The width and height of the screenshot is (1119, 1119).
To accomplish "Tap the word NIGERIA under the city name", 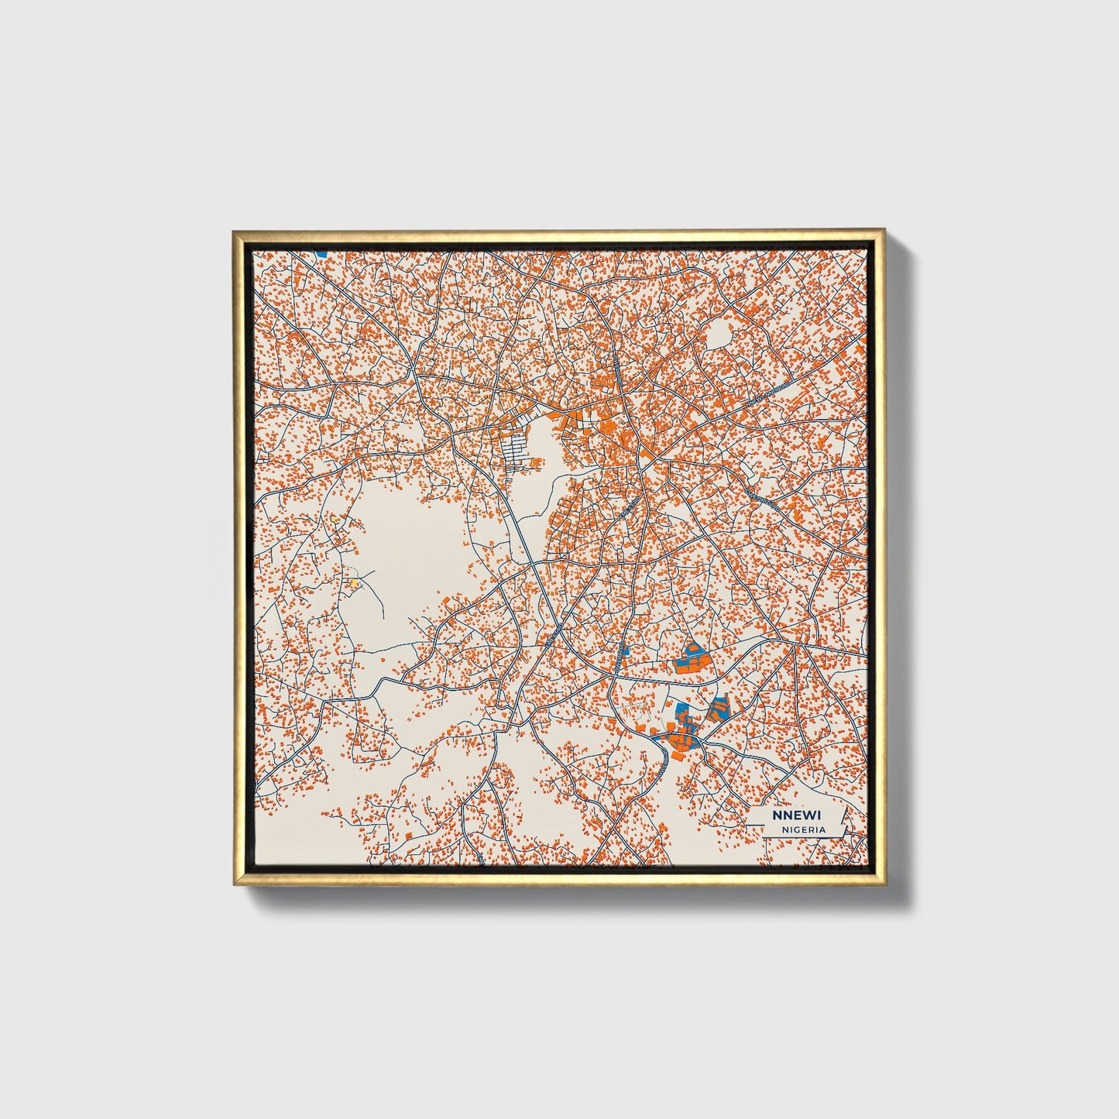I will click(x=803, y=829).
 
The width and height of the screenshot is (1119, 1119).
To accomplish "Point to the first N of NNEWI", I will click(x=776, y=815).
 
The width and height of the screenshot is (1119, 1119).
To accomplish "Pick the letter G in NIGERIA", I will click(x=798, y=829).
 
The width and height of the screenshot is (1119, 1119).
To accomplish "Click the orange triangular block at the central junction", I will click(x=644, y=452).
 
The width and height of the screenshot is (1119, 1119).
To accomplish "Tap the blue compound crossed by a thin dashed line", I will click(x=692, y=658).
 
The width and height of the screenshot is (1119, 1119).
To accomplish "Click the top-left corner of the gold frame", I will click(x=234, y=232).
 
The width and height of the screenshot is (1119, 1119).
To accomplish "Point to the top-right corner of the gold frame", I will click(x=883, y=232).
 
